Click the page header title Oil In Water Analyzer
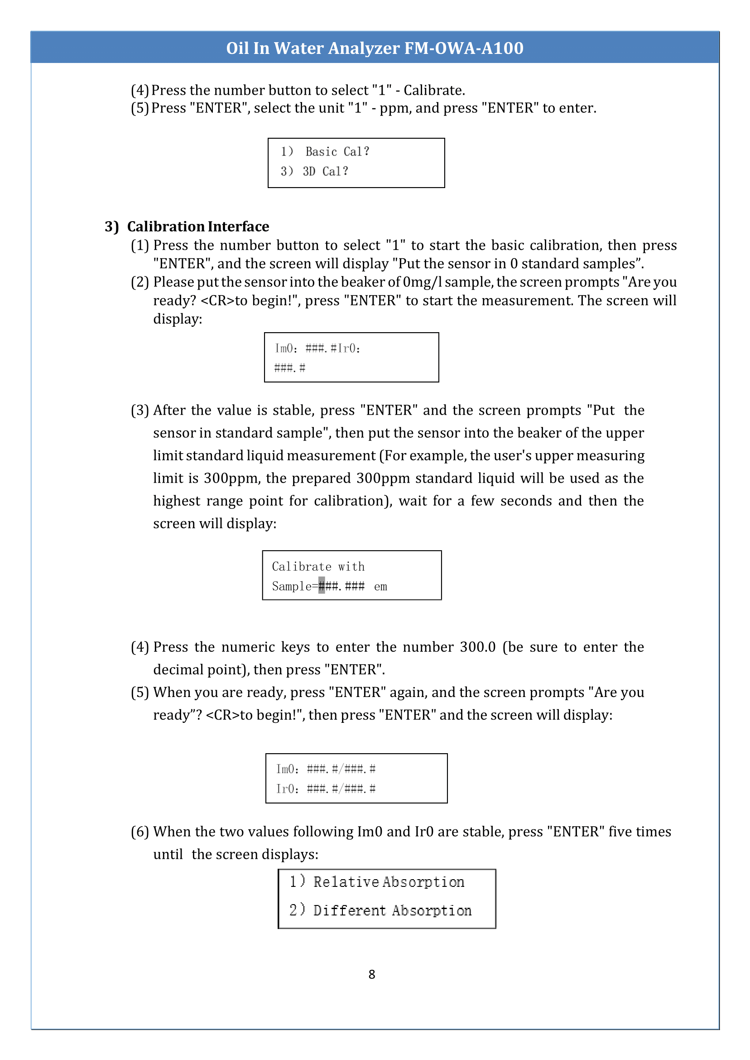click(x=374, y=48)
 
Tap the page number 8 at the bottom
click(x=372, y=974)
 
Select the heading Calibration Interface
click(x=197, y=227)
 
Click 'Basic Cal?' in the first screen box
click(x=337, y=151)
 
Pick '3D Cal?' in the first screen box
click(x=325, y=171)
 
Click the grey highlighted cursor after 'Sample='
click(x=322, y=586)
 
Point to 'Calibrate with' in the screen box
click(x=318, y=566)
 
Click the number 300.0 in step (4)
click(x=477, y=647)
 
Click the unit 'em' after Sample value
click(x=380, y=586)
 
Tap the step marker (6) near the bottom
click(x=139, y=832)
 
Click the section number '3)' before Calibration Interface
click(x=112, y=227)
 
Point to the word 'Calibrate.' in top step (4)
click(x=434, y=90)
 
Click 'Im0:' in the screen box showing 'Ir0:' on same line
click(x=286, y=348)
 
